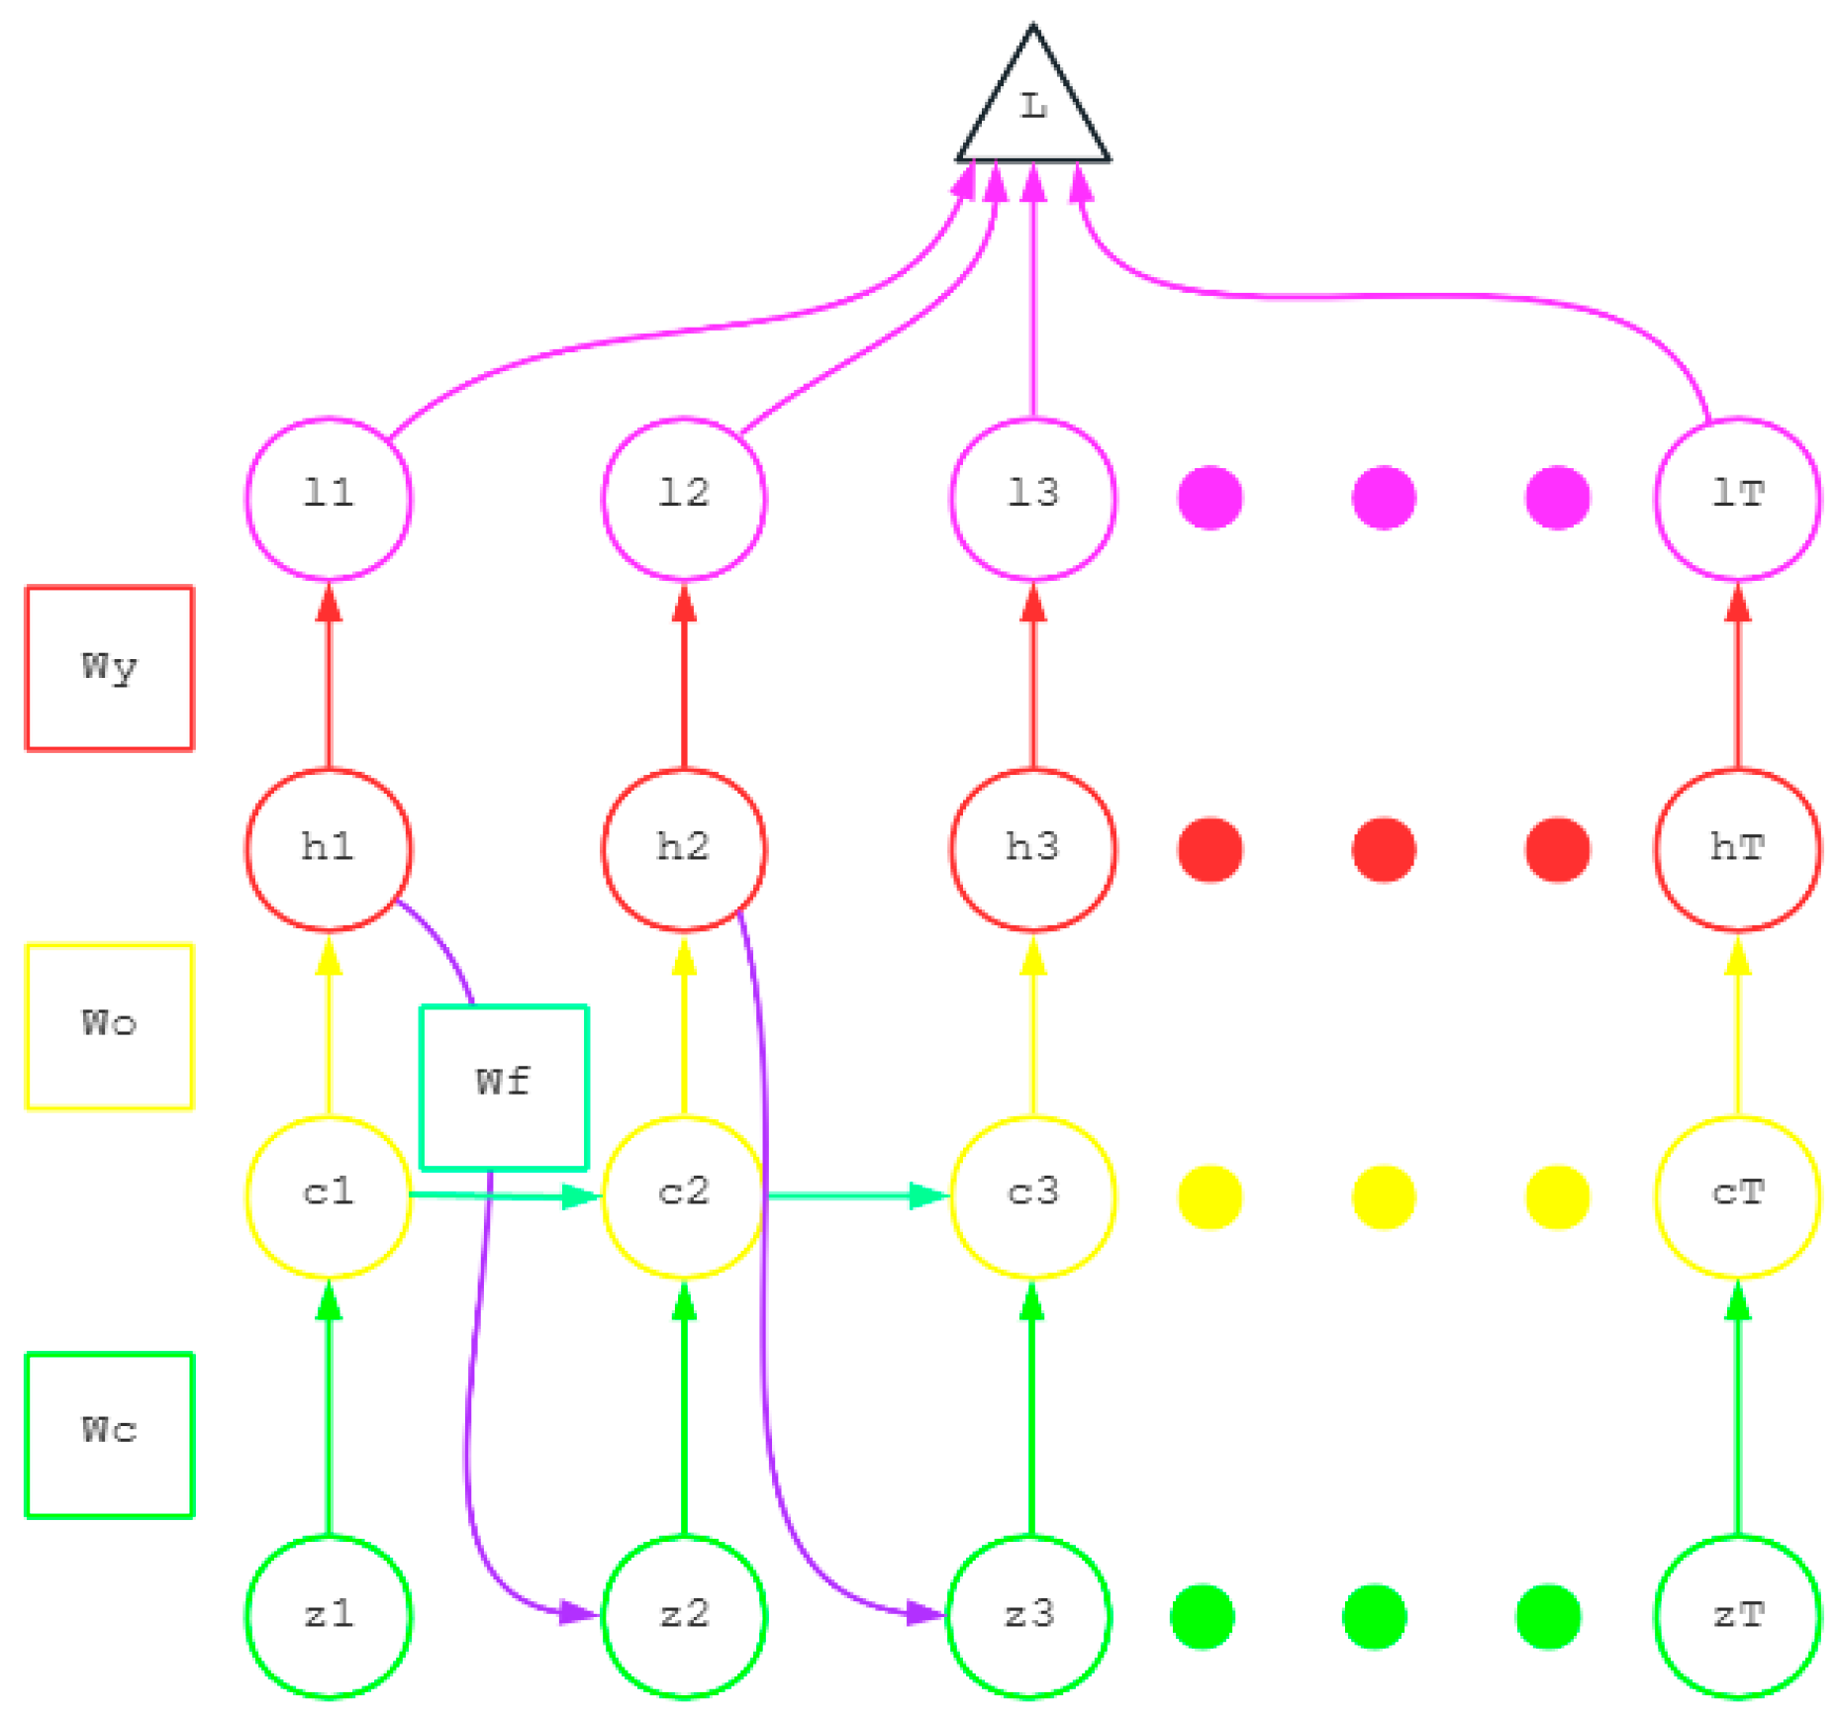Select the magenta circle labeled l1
click(329, 498)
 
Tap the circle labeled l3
click(1032, 498)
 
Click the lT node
click(1737, 498)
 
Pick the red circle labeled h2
click(683, 849)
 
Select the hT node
click(1737, 849)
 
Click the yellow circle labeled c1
click(329, 1195)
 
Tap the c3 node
click(1032, 1195)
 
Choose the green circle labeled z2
click(683, 1616)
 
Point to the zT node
click(1737, 1616)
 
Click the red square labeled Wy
click(109, 668)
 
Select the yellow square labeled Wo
click(109, 1026)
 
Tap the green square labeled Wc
click(109, 1434)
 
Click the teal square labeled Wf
click(504, 1087)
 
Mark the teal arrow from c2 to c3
click(856, 1195)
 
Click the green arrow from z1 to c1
click(329, 1405)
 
